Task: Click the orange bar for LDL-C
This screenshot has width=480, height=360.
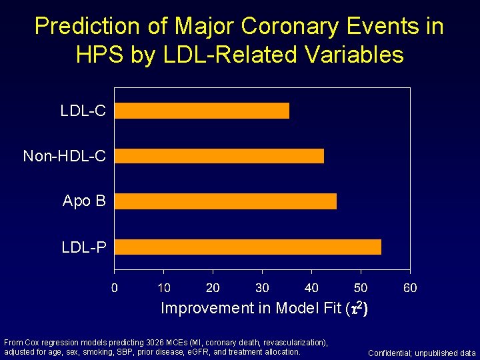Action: click(202, 111)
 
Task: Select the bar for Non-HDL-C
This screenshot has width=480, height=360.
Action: click(219, 156)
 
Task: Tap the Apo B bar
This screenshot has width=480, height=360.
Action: click(225, 201)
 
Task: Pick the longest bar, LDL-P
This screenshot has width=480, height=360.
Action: click(248, 247)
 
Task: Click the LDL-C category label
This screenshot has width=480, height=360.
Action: click(83, 111)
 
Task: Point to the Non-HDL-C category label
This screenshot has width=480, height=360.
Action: click(64, 156)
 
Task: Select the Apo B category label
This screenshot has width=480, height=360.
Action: click(84, 201)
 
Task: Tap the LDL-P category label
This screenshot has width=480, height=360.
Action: click(83, 247)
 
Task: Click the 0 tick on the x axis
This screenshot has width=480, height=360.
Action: click(115, 288)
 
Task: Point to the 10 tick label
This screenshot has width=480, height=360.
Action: click(163, 288)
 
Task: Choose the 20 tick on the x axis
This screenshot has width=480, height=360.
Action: click(213, 288)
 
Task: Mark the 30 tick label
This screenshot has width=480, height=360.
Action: click(262, 288)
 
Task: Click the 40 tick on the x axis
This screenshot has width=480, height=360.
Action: click(311, 288)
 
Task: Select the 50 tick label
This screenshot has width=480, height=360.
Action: click(361, 288)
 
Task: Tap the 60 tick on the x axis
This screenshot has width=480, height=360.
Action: click(410, 288)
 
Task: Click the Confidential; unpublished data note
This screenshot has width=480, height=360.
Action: click(421, 353)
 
